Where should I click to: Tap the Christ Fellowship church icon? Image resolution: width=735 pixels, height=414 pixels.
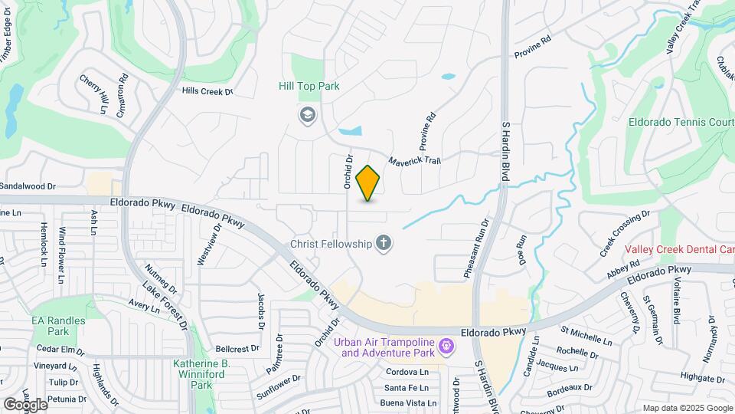[384, 244]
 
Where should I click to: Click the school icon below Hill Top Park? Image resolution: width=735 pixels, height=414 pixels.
[307, 115]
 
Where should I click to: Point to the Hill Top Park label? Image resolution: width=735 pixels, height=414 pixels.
[309, 87]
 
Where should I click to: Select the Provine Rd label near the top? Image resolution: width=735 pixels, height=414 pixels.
[533, 47]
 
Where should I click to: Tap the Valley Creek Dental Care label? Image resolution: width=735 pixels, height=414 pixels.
[679, 249]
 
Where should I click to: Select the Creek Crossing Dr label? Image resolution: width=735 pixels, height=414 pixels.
[625, 233]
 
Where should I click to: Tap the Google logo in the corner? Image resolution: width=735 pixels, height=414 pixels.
[25, 404]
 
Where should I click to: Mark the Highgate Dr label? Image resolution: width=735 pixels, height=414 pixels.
[697, 377]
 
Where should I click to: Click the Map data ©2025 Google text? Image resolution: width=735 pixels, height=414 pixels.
[688, 408]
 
